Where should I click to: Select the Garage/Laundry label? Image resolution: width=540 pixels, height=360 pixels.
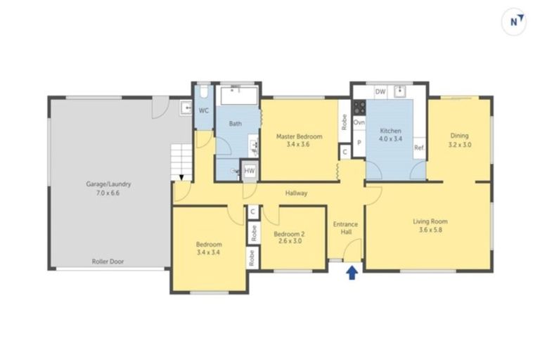pyautogui.click(x=108, y=188)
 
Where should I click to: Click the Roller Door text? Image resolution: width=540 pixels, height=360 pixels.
pyautogui.click(x=108, y=261)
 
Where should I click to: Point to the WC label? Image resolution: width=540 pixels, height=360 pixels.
pyautogui.click(x=203, y=111)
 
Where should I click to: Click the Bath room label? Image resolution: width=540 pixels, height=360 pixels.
pyautogui.click(x=235, y=124)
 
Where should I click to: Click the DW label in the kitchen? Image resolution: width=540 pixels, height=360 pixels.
pyautogui.click(x=380, y=91)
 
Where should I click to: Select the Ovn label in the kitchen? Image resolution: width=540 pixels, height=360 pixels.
pyautogui.click(x=359, y=122)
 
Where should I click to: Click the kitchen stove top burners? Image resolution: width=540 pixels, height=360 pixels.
pyautogui.click(x=359, y=107)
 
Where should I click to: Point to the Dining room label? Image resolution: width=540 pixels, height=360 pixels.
pyautogui.click(x=459, y=140)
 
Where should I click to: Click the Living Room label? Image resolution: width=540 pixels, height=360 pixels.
pyautogui.click(x=430, y=226)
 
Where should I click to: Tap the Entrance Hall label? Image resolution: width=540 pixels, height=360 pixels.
pyautogui.click(x=345, y=228)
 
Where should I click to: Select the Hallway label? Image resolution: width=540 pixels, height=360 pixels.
pyautogui.click(x=296, y=193)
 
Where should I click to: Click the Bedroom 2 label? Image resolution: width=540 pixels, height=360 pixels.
pyautogui.click(x=289, y=238)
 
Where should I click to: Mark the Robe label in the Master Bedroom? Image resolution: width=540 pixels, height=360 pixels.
pyautogui.click(x=344, y=122)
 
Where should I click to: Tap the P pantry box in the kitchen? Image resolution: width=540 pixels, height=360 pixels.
pyautogui.click(x=359, y=143)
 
